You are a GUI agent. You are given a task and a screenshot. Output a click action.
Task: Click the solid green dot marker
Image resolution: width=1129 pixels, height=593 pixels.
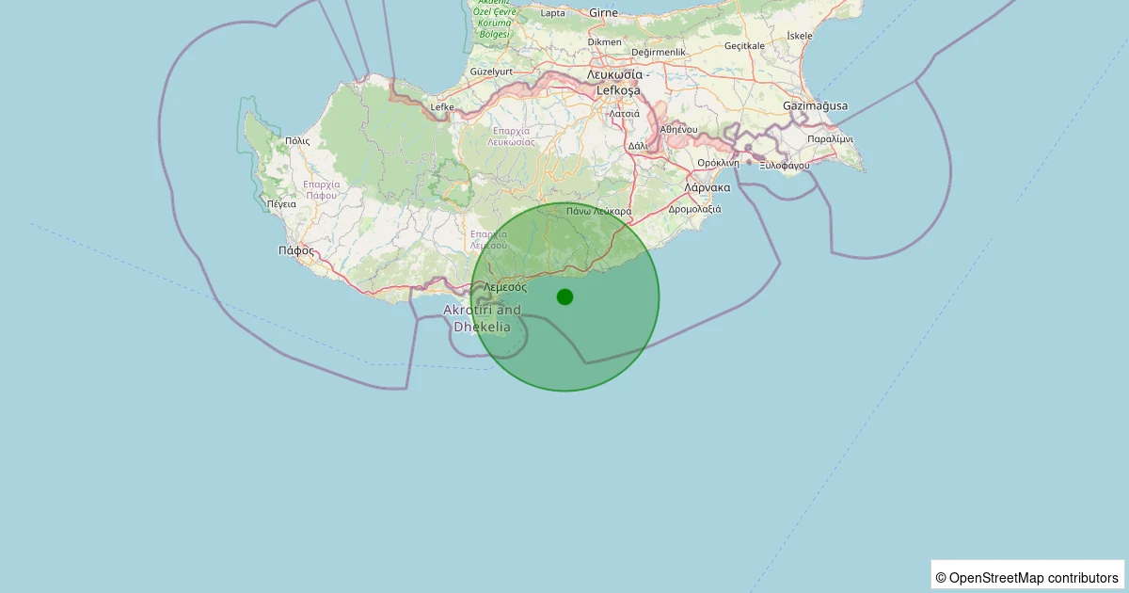564,296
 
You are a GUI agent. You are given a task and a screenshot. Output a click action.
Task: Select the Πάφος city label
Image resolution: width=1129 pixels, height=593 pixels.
296,250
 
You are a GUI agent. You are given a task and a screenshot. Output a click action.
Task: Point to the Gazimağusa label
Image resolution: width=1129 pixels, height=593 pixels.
815,105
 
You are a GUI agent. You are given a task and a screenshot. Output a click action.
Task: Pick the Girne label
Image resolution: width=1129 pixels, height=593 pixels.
603,13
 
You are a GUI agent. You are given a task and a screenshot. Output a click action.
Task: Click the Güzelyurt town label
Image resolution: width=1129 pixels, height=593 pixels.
490,72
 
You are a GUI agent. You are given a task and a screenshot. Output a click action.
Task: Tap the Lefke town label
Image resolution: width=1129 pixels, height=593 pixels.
442,107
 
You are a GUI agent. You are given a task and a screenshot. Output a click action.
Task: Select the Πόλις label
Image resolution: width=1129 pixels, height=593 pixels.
297,140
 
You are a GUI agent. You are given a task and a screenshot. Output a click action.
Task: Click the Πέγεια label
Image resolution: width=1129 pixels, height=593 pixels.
281,203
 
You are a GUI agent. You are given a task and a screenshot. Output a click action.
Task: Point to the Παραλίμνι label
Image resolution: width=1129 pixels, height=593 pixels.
831,138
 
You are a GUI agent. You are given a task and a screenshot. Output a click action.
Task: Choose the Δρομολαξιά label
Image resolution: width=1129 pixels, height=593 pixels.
694,209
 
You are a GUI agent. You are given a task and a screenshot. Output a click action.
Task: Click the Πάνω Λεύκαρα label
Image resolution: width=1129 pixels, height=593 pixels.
598,212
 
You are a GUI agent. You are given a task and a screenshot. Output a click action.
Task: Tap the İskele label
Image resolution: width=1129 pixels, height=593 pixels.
799,36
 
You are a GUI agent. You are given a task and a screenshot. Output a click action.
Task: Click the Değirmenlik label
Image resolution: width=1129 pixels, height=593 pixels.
659,52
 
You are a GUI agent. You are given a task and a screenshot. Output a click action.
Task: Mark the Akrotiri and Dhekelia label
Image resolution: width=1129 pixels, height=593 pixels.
482,318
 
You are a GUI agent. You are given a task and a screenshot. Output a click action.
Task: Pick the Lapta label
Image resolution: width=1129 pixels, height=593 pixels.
553,13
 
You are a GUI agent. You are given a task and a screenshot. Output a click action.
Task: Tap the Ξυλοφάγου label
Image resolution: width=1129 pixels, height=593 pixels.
785,165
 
